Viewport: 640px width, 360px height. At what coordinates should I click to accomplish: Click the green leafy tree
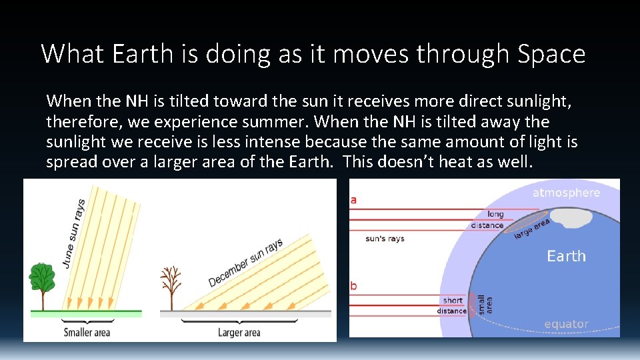pos(41,279)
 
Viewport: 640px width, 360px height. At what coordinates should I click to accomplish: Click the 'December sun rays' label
pos(245,263)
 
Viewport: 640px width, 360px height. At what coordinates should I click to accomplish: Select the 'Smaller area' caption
pos(87,332)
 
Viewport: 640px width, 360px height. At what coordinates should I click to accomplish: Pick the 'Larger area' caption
pos(239,332)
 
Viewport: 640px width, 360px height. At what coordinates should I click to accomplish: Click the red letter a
pos(353,199)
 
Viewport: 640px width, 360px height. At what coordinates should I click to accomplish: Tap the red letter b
pos(353,286)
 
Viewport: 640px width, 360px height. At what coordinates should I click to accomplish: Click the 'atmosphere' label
pos(566,193)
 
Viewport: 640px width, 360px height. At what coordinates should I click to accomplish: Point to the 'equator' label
pos(566,325)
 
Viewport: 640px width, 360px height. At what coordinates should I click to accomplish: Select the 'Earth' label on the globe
pos(566,257)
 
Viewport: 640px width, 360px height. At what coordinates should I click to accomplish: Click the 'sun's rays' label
pos(385,239)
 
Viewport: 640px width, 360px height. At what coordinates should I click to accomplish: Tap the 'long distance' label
pos(487,219)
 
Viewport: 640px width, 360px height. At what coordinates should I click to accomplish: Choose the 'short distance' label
pos(452,305)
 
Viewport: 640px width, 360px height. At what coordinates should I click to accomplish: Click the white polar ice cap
pos(571,217)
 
